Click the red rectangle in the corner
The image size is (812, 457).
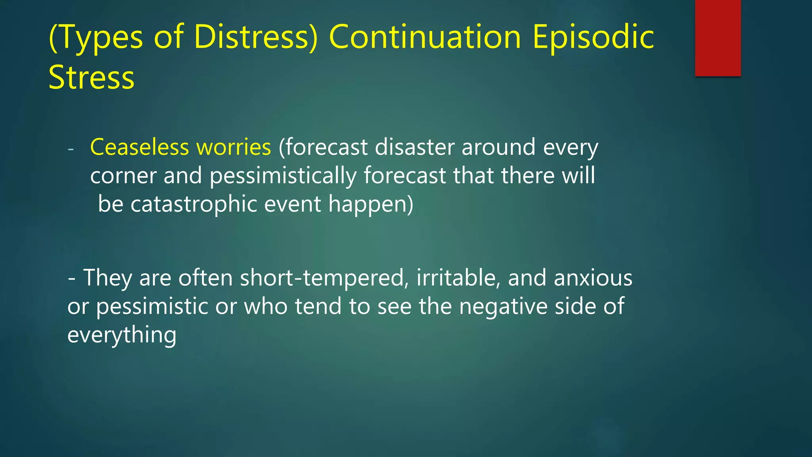pyautogui.click(x=718, y=38)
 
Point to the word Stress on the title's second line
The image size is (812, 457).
pyautogui.click(x=92, y=77)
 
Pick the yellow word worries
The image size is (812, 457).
pyautogui.click(x=234, y=147)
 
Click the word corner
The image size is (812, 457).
pyautogui.click(x=123, y=176)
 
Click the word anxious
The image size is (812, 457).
pyautogui.click(x=593, y=278)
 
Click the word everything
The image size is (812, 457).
pyautogui.click(x=122, y=335)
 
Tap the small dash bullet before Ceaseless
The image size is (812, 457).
pyautogui.click(x=71, y=150)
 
